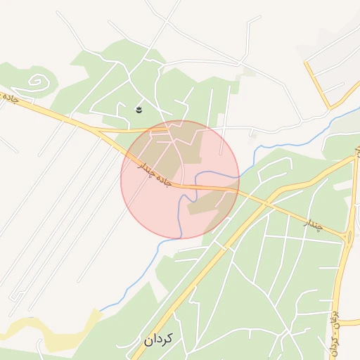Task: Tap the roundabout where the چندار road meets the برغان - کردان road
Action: [x=349, y=236]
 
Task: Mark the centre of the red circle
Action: [x=180, y=179]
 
